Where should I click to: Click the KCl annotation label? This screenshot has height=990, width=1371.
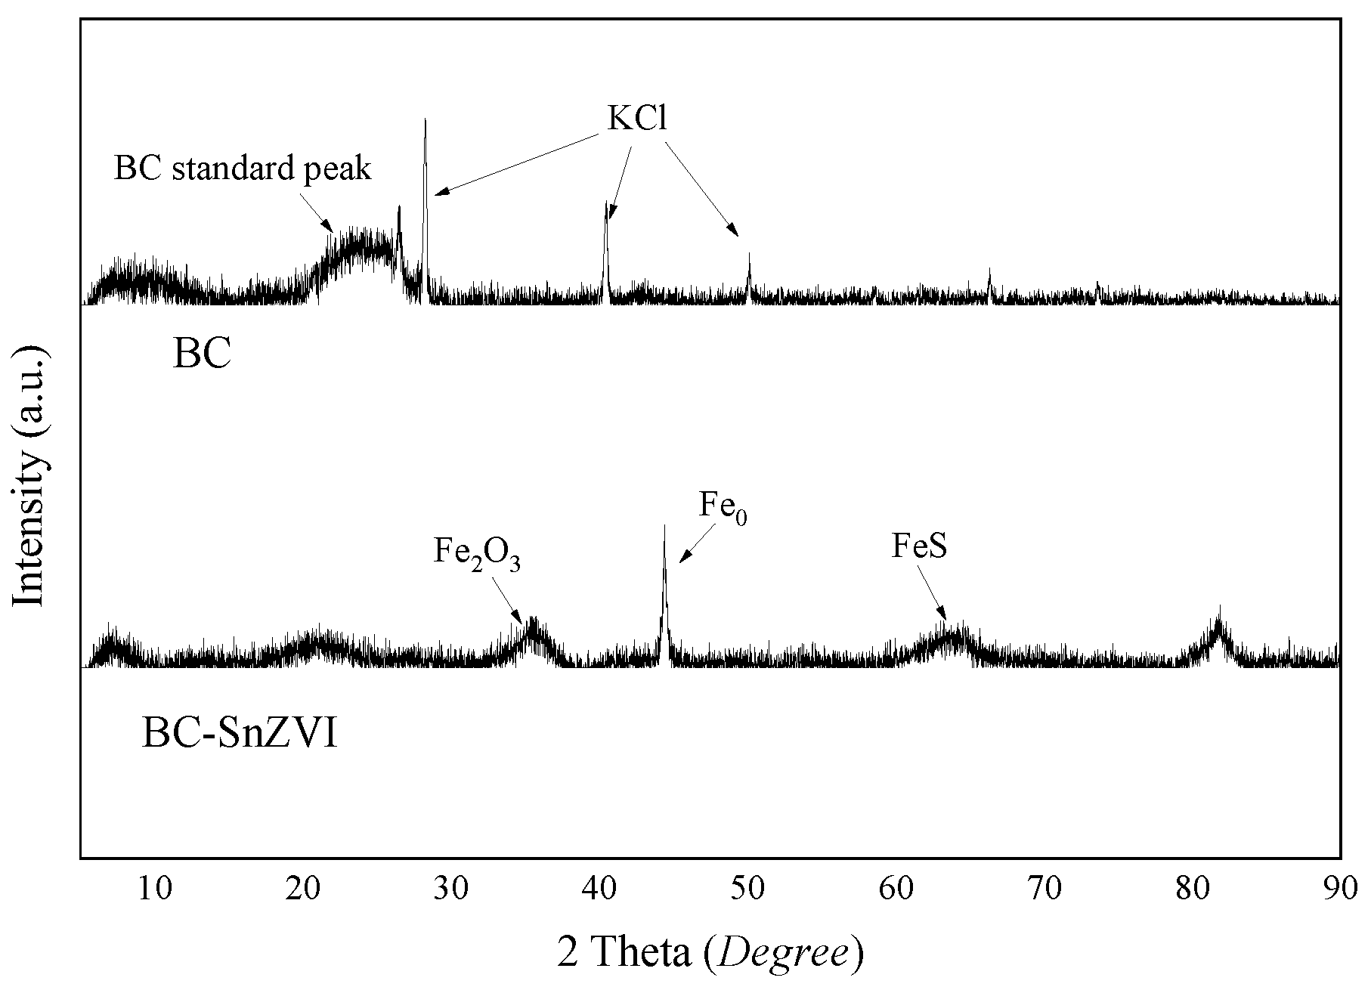pyautogui.click(x=637, y=119)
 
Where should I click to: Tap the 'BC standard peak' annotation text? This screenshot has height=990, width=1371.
pyautogui.click(x=243, y=168)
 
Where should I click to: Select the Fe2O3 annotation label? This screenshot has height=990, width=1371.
pyautogui.click(x=477, y=552)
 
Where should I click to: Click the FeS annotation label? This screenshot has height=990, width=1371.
pyautogui.click(x=919, y=546)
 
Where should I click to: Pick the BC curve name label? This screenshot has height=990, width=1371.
pyautogui.click(x=202, y=354)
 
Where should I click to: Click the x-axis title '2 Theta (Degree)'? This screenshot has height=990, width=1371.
pyautogui.click(x=710, y=952)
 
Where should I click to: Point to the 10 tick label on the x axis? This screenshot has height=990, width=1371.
pyautogui.click(x=154, y=887)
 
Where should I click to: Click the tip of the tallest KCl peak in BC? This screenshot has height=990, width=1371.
pyautogui.click(x=426, y=120)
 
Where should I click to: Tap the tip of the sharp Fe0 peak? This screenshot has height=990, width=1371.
pyautogui.click(x=664, y=526)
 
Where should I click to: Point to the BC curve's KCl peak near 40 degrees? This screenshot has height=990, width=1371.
pyautogui.click(x=605, y=203)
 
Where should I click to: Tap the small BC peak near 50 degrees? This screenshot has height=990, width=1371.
pyautogui.click(x=749, y=255)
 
